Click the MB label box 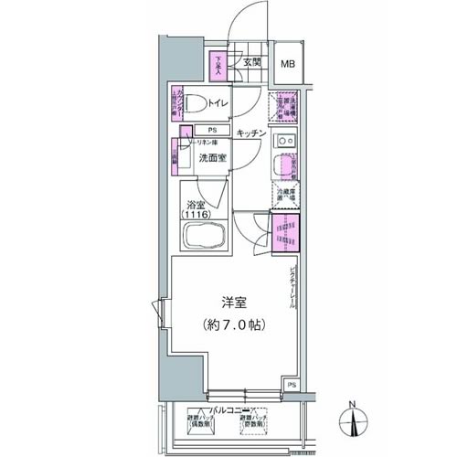[287, 64]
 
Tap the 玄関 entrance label [252, 62]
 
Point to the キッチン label [250, 133]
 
